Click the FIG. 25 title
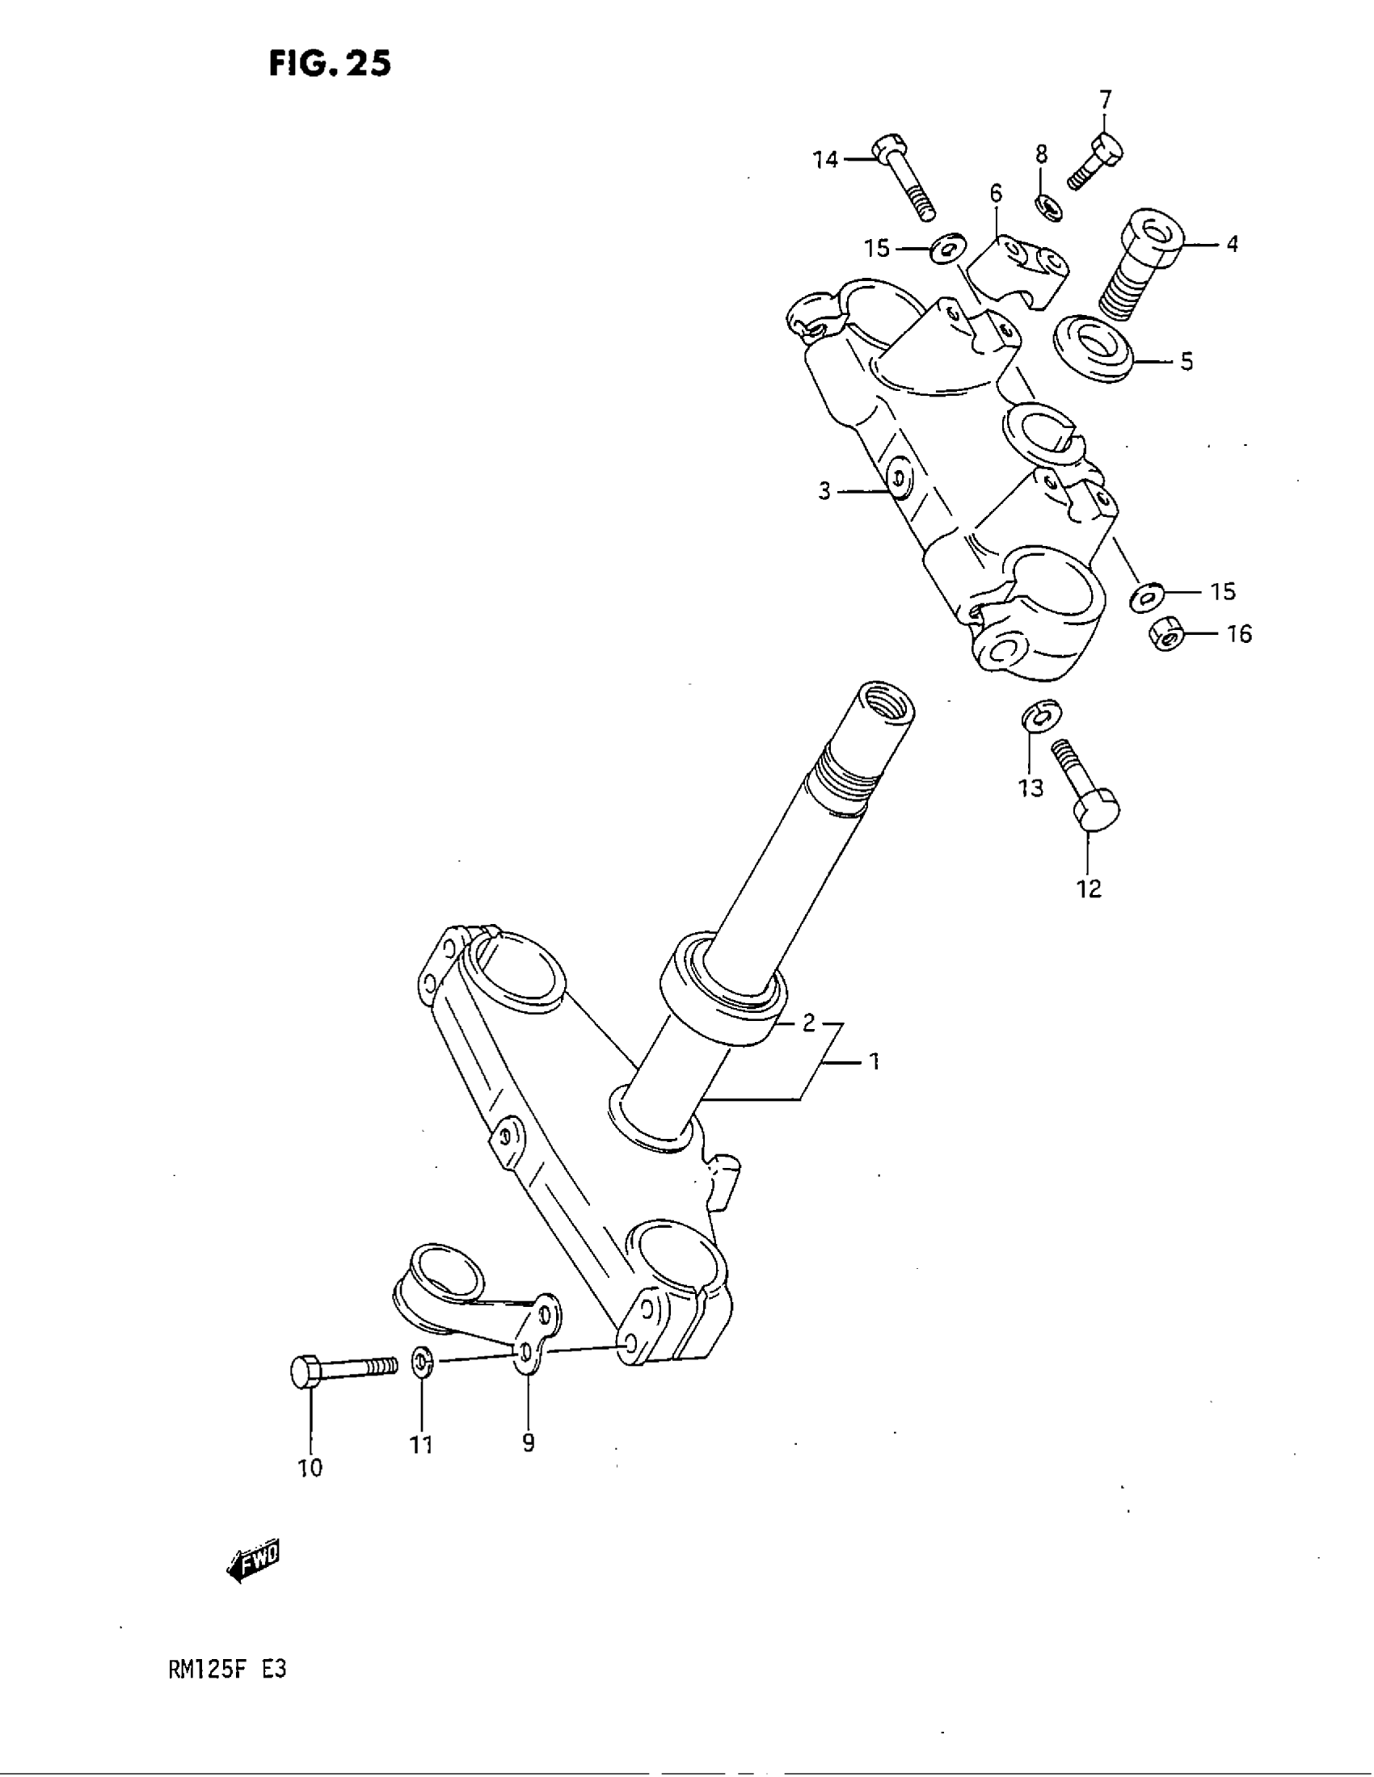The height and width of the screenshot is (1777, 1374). (330, 63)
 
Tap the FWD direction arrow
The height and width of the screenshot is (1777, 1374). (253, 1564)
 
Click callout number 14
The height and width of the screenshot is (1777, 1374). (825, 159)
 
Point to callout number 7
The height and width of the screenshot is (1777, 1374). (1105, 100)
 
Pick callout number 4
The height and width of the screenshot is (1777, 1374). (1232, 243)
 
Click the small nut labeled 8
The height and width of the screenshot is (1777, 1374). (1050, 208)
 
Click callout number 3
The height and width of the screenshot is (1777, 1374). (824, 491)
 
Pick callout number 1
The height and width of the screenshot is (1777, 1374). (874, 1061)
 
